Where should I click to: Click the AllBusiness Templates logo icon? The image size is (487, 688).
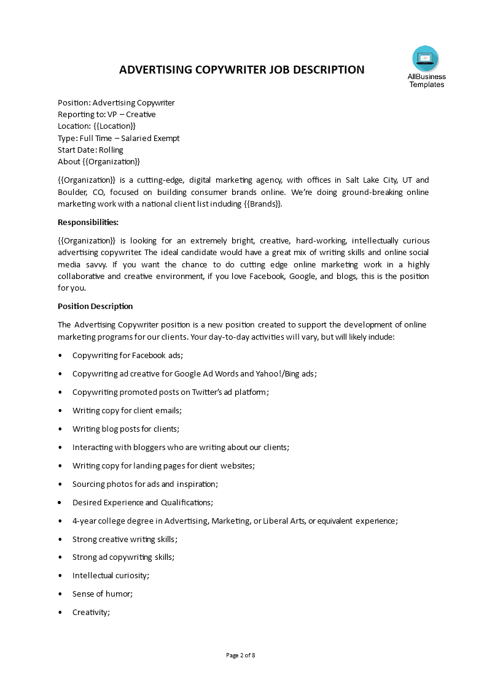[x=425, y=59]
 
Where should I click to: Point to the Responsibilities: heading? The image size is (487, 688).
[x=88, y=222]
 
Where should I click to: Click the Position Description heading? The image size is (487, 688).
[x=95, y=307]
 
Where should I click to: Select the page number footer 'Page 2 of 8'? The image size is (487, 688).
[x=241, y=656]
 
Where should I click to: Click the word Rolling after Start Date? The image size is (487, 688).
[x=111, y=150]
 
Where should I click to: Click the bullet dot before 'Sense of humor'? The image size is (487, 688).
[x=60, y=594]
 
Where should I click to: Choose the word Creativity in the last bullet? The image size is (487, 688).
[x=90, y=613]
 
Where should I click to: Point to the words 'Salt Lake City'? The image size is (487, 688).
[x=366, y=180]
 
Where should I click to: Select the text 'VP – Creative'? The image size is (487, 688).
[x=132, y=115]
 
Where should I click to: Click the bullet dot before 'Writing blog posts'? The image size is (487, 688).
[x=60, y=429]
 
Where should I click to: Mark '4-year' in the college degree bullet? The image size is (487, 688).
[x=84, y=521]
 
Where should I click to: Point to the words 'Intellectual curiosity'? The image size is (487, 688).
[x=110, y=576]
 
